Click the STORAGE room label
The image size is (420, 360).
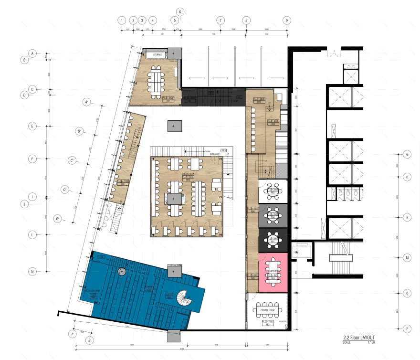click(x=157, y=55)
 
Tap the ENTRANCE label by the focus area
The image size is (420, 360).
click(x=214, y=154)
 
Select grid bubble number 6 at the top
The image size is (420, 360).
click(x=180, y=11)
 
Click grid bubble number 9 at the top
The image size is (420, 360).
click(x=286, y=21)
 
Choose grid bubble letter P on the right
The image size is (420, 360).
click(x=408, y=329)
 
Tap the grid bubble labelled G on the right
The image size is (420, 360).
click(x=408, y=155)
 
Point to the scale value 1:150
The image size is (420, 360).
click(x=370, y=342)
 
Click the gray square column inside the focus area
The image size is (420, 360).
click(x=174, y=198)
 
